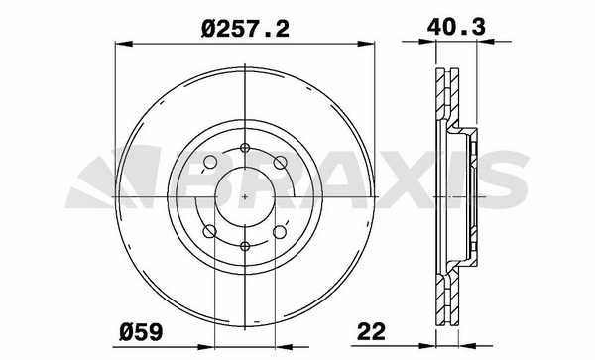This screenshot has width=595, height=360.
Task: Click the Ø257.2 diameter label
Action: pyautogui.click(x=245, y=29)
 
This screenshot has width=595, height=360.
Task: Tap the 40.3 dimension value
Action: pyautogui.click(x=456, y=27)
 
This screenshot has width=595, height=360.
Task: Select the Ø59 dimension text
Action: pyautogui.click(x=141, y=332)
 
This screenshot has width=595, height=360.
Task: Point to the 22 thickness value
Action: pyautogui.click(x=371, y=331)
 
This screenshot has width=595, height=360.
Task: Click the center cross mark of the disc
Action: pyautogui.click(x=245, y=197)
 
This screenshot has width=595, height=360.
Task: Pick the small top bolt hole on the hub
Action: pyautogui.click(x=245, y=148)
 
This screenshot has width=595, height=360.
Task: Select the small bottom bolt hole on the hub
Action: pyautogui.click(x=245, y=246)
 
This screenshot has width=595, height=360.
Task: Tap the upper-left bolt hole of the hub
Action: pyautogui.click(x=210, y=162)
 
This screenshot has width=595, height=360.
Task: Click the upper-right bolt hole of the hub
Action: pyautogui.click(x=280, y=163)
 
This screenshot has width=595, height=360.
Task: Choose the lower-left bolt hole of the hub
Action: pyautogui.click(x=210, y=231)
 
